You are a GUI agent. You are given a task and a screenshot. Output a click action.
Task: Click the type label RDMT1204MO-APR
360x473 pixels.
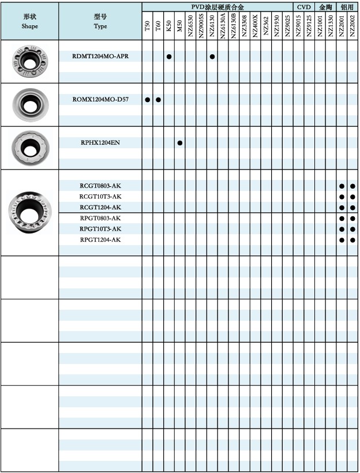click(x=100, y=56)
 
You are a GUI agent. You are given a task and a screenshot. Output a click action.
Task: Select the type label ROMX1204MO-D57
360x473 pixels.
click(x=100, y=99)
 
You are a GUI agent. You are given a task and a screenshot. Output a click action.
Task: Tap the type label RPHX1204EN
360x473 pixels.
click(x=100, y=142)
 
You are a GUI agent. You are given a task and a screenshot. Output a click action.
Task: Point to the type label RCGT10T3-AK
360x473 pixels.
click(x=100, y=197)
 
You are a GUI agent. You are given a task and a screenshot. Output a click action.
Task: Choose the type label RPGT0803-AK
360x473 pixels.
click(x=100, y=218)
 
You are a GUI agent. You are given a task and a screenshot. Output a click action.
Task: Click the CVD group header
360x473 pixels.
click(x=303, y=6)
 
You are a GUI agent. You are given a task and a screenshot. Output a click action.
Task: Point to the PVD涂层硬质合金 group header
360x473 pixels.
click(x=217, y=6)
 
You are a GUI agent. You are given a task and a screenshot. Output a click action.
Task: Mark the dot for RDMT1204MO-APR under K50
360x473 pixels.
click(x=169, y=57)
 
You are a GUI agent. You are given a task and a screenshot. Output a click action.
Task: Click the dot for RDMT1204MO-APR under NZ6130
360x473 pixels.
click(x=212, y=57)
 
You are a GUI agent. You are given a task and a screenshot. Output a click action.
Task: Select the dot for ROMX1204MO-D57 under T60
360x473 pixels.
click(x=158, y=100)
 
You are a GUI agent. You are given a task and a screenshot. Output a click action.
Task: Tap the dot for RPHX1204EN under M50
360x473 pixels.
click(x=180, y=142)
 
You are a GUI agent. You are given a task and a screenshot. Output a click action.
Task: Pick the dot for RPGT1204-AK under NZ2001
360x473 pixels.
click(x=342, y=239)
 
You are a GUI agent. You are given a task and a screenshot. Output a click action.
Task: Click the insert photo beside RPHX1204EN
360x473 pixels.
click(x=29, y=148)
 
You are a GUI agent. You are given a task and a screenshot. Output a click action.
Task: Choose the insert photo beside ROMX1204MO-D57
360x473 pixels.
click(x=29, y=104)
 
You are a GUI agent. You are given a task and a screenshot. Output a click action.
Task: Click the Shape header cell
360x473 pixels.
click(x=29, y=21)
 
